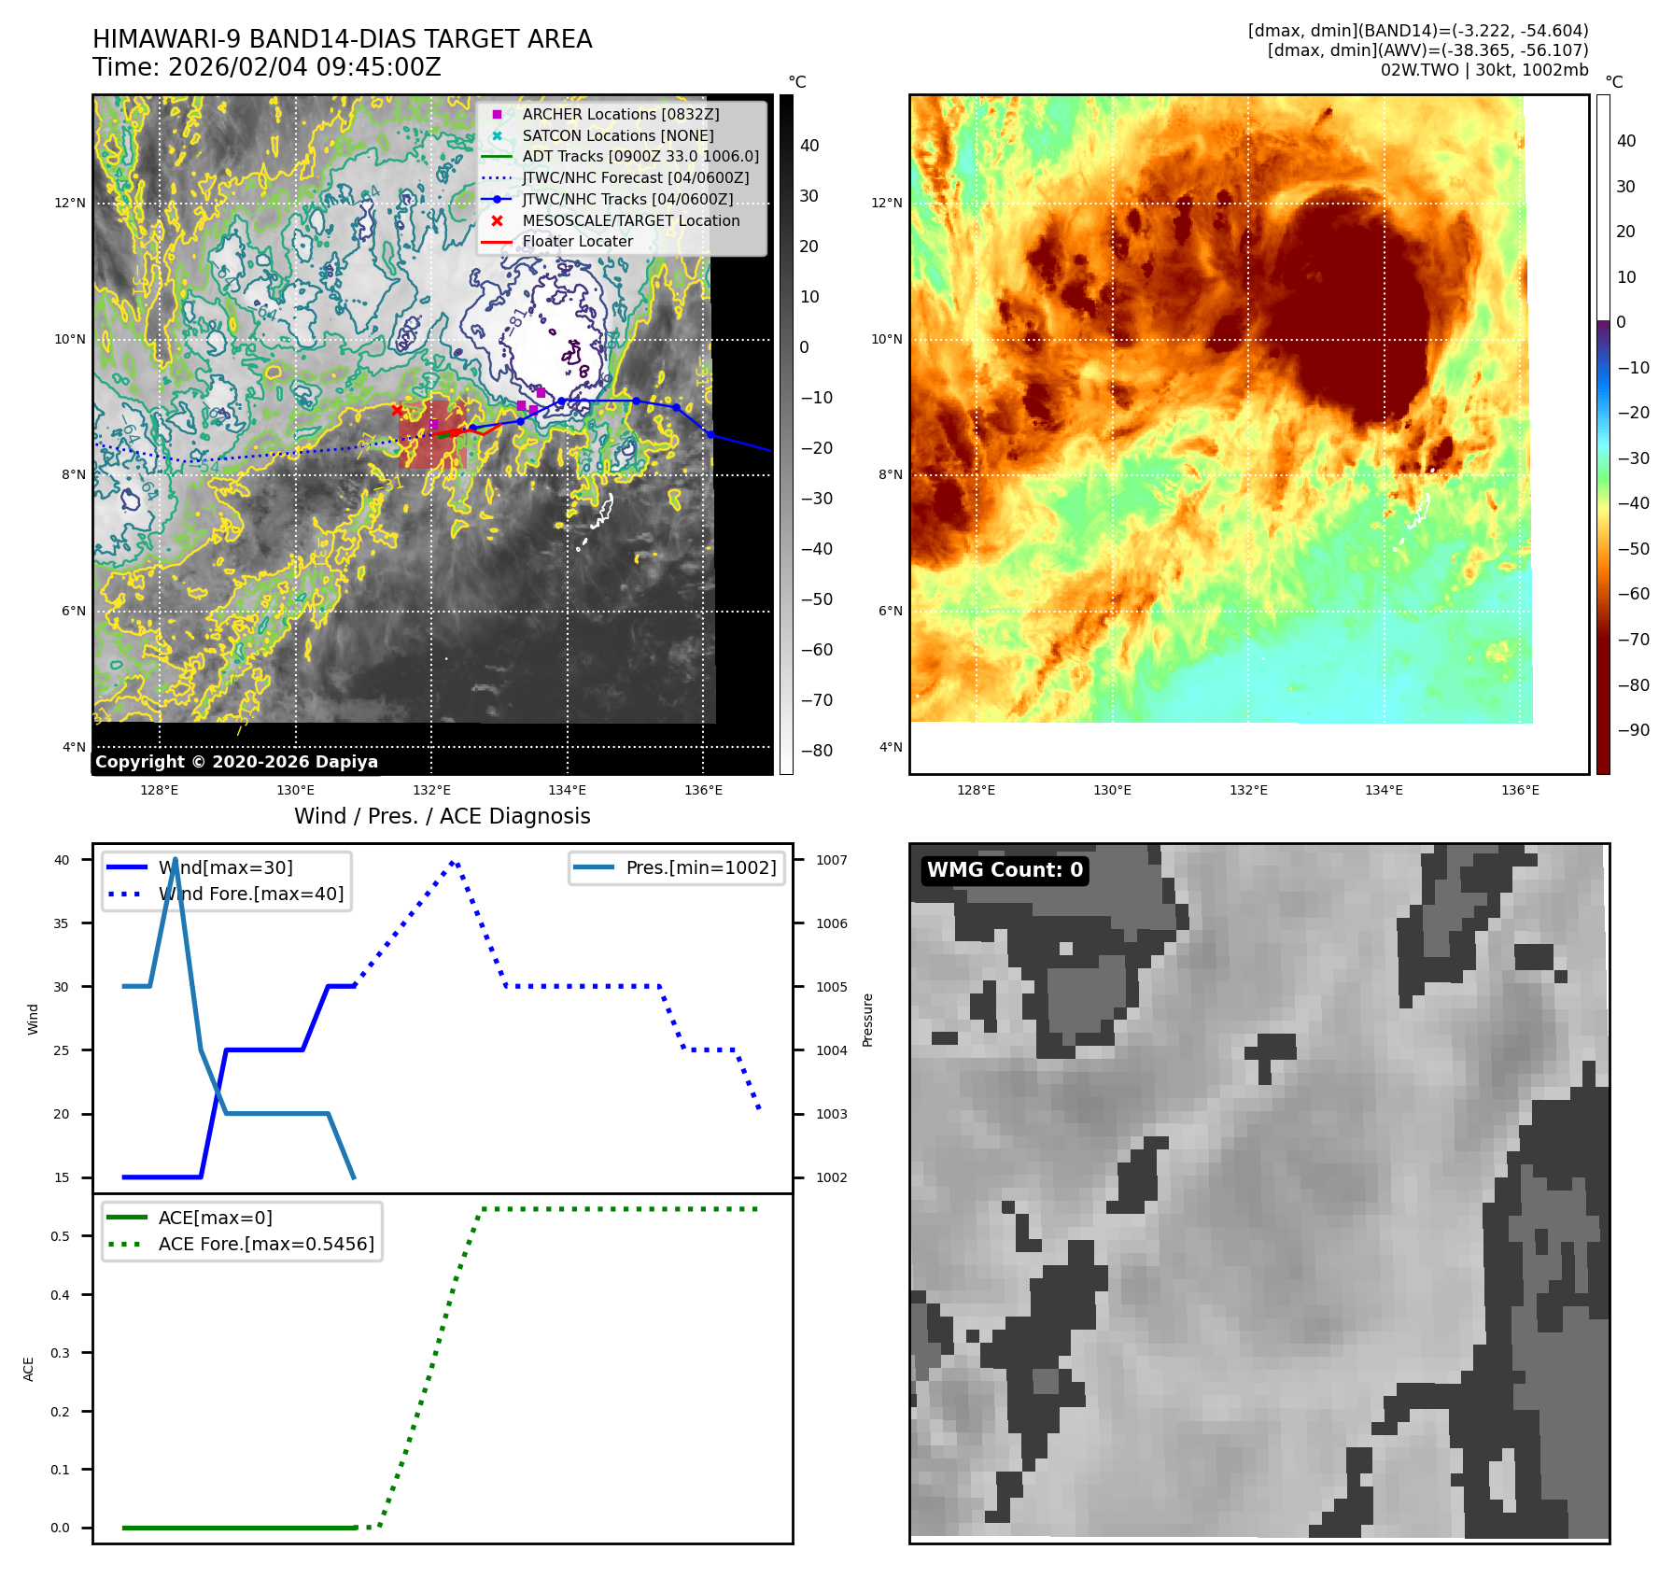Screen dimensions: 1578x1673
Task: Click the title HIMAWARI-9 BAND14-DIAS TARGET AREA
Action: point(342,39)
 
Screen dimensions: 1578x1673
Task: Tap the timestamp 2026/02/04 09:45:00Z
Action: point(304,67)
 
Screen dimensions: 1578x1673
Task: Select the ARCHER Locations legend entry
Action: point(620,114)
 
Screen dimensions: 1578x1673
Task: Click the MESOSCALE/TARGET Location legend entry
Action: point(630,220)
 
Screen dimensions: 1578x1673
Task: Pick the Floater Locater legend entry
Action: point(577,241)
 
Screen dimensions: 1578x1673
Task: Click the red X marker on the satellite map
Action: point(397,410)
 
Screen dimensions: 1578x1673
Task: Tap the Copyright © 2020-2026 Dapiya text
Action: point(236,762)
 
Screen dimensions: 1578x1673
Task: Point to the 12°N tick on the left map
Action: point(70,204)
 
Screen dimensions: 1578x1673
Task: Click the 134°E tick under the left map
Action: point(567,790)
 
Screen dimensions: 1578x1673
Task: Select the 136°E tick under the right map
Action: point(1520,790)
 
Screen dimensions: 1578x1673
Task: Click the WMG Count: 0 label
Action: point(1005,870)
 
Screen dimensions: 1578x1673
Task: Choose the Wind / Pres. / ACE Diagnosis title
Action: point(442,816)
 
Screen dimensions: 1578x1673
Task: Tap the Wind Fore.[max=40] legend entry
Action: point(250,894)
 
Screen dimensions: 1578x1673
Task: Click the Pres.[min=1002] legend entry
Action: point(700,867)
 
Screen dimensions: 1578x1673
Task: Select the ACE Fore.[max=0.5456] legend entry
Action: point(266,1244)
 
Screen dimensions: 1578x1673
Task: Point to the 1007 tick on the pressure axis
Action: point(831,860)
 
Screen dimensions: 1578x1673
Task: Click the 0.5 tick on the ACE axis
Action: point(60,1236)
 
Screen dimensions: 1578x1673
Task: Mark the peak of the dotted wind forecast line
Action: point(454,861)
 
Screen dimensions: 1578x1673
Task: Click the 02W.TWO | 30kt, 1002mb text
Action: point(1483,70)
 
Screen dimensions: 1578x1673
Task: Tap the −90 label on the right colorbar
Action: point(1633,730)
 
